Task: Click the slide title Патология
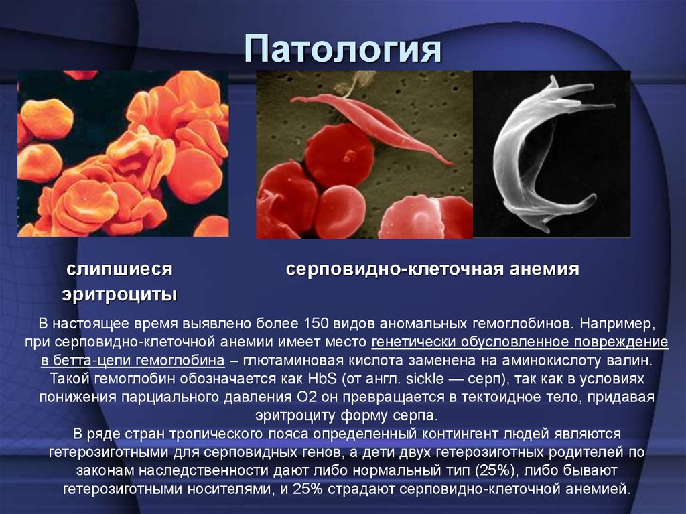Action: (x=342, y=50)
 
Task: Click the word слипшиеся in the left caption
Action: (x=119, y=269)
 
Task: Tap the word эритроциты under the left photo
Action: (x=119, y=294)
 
